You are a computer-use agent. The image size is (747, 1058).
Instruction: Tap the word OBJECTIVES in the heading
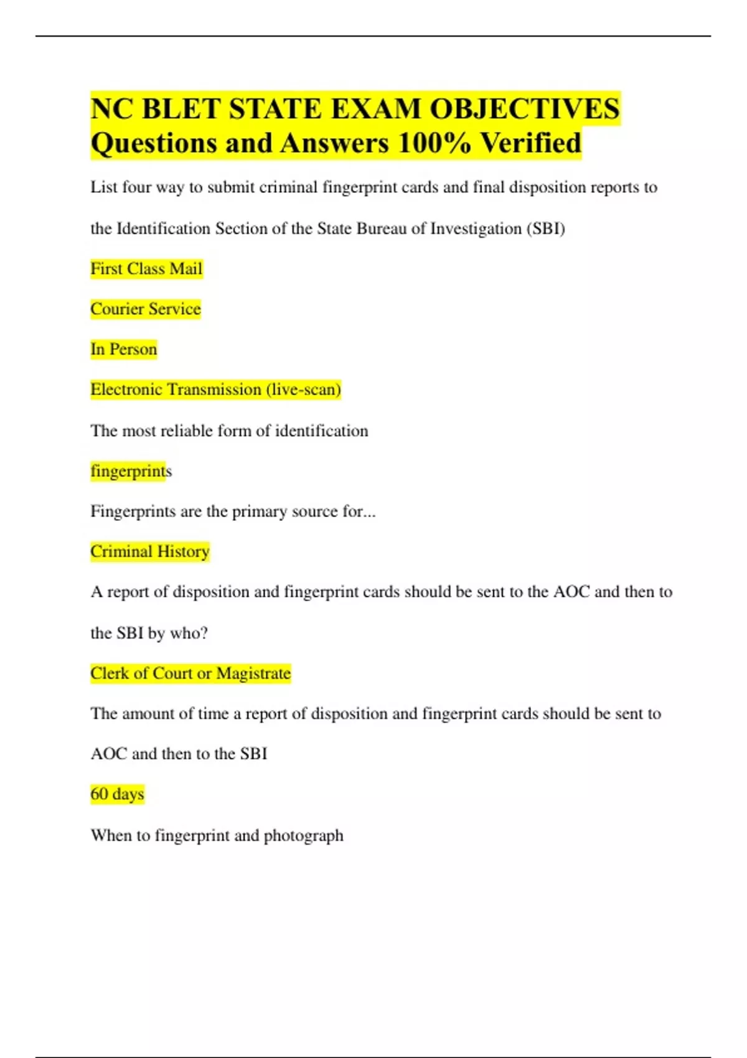point(525,109)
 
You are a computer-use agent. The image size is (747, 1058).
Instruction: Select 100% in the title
point(435,144)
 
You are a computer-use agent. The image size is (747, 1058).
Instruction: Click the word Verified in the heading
point(531,144)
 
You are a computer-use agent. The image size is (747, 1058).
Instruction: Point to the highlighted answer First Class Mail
point(146,269)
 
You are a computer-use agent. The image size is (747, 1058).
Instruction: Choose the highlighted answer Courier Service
point(146,309)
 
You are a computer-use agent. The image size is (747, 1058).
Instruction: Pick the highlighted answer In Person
point(123,349)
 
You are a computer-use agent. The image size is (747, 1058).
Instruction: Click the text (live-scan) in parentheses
point(304,390)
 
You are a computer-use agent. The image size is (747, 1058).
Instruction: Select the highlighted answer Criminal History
point(149,551)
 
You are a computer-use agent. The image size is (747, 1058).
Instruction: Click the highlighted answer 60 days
point(117,794)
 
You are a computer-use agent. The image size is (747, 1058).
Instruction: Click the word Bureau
point(381,229)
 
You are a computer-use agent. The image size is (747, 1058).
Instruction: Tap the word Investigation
point(476,229)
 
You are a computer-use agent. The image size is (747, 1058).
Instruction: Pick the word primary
point(259,512)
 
